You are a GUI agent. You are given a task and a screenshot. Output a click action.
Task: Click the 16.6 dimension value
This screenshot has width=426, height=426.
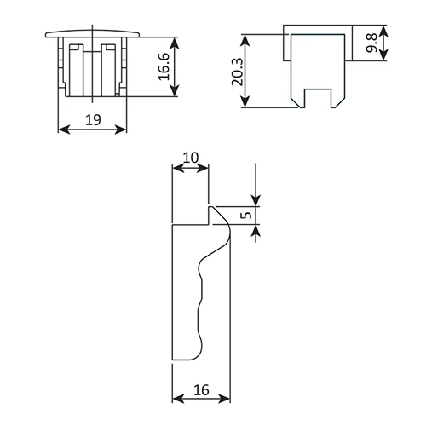[164, 66]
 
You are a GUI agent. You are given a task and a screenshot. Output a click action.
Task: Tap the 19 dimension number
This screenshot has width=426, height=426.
[93, 120]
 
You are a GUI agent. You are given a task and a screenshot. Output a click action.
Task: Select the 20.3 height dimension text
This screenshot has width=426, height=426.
[238, 72]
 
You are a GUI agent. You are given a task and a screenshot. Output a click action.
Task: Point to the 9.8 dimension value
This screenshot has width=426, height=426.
[371, 43]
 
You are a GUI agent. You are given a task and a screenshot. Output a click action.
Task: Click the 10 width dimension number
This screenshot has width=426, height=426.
[191, 158]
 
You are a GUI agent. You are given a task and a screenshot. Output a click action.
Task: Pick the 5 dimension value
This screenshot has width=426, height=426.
[246, 215]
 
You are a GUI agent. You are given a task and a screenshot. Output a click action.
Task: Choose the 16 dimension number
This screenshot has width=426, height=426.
[201, 390]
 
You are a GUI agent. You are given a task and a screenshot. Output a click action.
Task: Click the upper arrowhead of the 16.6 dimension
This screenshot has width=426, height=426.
[176, 43]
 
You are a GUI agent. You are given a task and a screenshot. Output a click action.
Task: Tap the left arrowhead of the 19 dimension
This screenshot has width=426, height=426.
[64, 130]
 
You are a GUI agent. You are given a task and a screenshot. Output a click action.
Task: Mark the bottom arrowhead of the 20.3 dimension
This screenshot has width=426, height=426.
[245, 101]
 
